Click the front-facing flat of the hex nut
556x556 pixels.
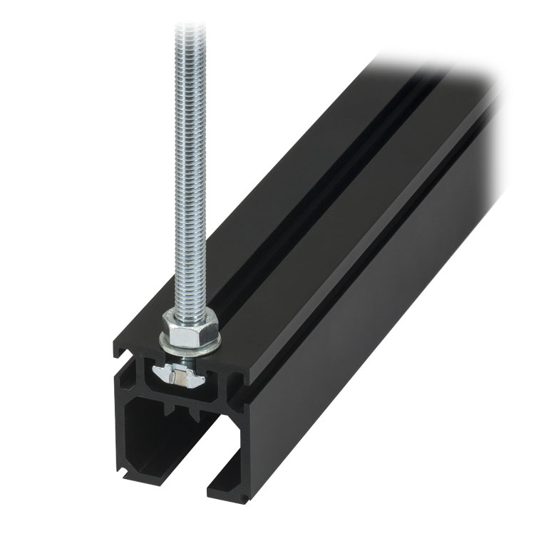[x=181, y=331]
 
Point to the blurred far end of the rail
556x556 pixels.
[x=456, y=93]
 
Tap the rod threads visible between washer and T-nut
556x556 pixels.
[x=187, y=359]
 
